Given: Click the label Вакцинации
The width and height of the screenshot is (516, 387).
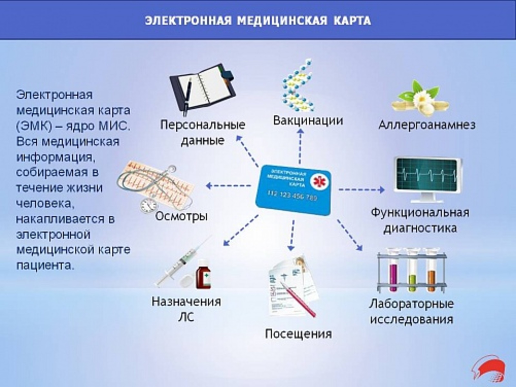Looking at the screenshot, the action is click(308, 121).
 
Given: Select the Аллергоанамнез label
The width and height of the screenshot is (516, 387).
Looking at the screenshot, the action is click(427, 125).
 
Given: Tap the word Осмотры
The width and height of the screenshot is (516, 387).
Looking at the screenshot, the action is click(181, 216).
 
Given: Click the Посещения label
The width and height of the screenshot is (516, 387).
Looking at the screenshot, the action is click(298, 334).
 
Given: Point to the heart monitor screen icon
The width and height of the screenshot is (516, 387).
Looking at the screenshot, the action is click(427, 180).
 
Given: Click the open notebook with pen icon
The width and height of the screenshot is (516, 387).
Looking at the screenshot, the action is click(203, 90).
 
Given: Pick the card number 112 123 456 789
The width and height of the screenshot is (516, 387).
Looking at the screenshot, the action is click(293, 196).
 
